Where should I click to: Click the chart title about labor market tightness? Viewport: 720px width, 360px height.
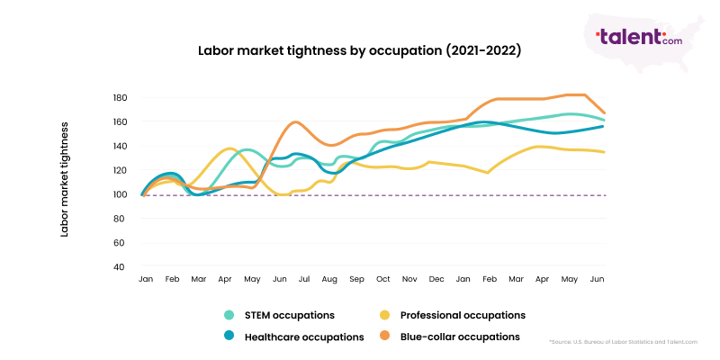359,51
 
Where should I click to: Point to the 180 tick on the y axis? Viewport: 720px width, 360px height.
121,97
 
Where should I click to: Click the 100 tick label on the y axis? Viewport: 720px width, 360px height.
121,194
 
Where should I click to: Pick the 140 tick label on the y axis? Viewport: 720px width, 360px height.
121,146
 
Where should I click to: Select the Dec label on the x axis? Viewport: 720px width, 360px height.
436,280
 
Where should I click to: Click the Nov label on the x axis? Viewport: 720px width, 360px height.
409,280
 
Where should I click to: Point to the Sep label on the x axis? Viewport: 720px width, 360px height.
356,280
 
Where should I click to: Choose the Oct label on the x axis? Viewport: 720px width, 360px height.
382,280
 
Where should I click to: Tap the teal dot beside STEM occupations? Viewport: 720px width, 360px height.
229,315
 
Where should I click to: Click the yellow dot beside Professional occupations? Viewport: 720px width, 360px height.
384,315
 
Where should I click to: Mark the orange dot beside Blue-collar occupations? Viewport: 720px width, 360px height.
384,337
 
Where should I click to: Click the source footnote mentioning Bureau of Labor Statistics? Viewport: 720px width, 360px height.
624,343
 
